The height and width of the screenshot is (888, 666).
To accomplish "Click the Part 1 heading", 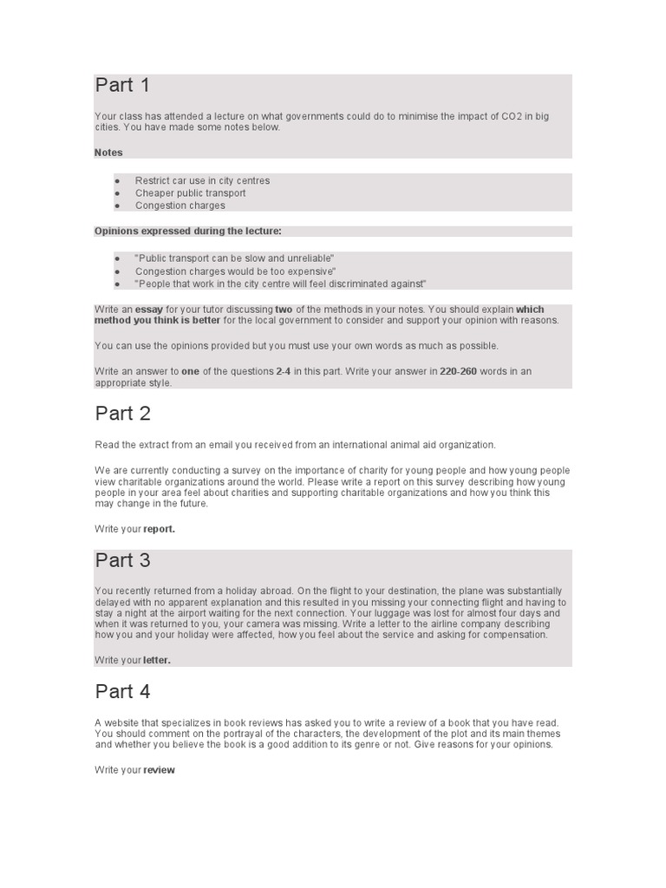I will point(122,85).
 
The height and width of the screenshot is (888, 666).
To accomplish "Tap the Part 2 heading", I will point(122,414).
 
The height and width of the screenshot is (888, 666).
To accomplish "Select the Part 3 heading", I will point(122,560).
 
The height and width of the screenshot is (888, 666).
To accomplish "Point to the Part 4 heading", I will point(122,691).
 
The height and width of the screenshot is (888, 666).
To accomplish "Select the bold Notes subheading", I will point(108,153).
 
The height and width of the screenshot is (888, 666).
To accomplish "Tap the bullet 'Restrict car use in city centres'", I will point(202,180).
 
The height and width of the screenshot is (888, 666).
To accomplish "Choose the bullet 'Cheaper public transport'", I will point(190,193).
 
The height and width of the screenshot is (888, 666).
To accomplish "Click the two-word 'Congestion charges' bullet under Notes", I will point(180,206).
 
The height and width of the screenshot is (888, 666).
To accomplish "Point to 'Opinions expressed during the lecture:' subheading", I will point(187,231).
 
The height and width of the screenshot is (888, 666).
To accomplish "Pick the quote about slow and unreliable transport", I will point(234,259).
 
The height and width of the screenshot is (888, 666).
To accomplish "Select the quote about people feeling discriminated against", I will point(280,284).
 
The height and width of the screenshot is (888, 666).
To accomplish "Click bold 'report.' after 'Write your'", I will point(159,527).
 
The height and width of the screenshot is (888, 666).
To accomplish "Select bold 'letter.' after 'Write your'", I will point(157,660).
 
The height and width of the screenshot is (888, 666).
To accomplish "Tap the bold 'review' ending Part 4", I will point(159,770).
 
